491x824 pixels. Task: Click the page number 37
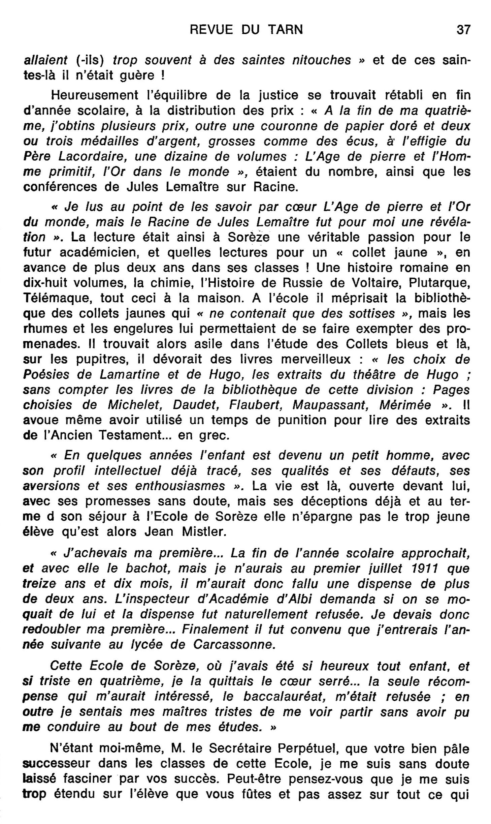(463, 30)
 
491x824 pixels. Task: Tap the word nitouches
(321, 60)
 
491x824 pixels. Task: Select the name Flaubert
(256, 405)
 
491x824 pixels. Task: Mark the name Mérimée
(405, 405)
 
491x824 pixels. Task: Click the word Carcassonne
(234, 644)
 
